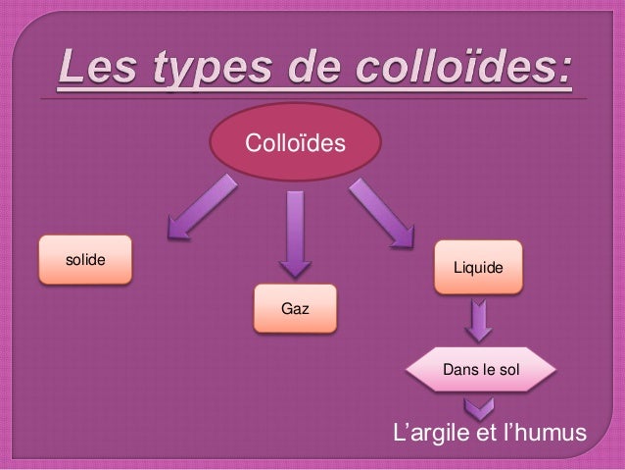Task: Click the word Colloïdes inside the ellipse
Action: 294,145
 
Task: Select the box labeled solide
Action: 85,260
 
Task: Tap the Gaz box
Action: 295,309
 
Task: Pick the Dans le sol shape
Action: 481,370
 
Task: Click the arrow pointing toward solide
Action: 200,209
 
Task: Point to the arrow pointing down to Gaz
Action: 294,235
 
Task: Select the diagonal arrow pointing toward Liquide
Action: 381,212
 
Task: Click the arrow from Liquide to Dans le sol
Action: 478,320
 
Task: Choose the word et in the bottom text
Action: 480,433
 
